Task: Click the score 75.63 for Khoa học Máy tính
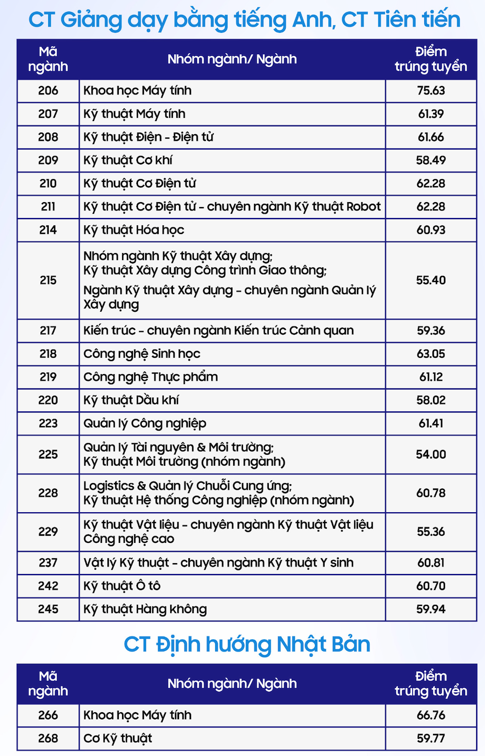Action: pos(431,90)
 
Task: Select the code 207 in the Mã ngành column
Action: pos(48,114)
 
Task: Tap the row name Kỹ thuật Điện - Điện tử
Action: pos(148,137)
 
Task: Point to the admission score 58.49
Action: pos(431,161)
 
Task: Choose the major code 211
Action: pos(48,207)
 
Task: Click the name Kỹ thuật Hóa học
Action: pos(134,230)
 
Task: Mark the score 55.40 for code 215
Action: pos(431,280)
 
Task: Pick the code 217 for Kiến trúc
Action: pos(48,330)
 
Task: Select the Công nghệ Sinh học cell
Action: pos(142,354)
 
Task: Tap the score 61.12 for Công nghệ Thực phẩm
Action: pos(431,377)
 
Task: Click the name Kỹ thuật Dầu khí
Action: pos(131,400)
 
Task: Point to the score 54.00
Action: pos(431,454)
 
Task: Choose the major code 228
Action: pos(48,493)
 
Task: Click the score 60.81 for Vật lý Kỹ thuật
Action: pos(431,563)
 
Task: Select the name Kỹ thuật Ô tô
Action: pos(122,586)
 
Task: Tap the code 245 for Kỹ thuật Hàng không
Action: pos(48,609)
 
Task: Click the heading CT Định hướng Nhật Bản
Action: pos(247,644)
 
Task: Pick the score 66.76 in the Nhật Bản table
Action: pos(431,715)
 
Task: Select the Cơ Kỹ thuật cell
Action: pos(118,738)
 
